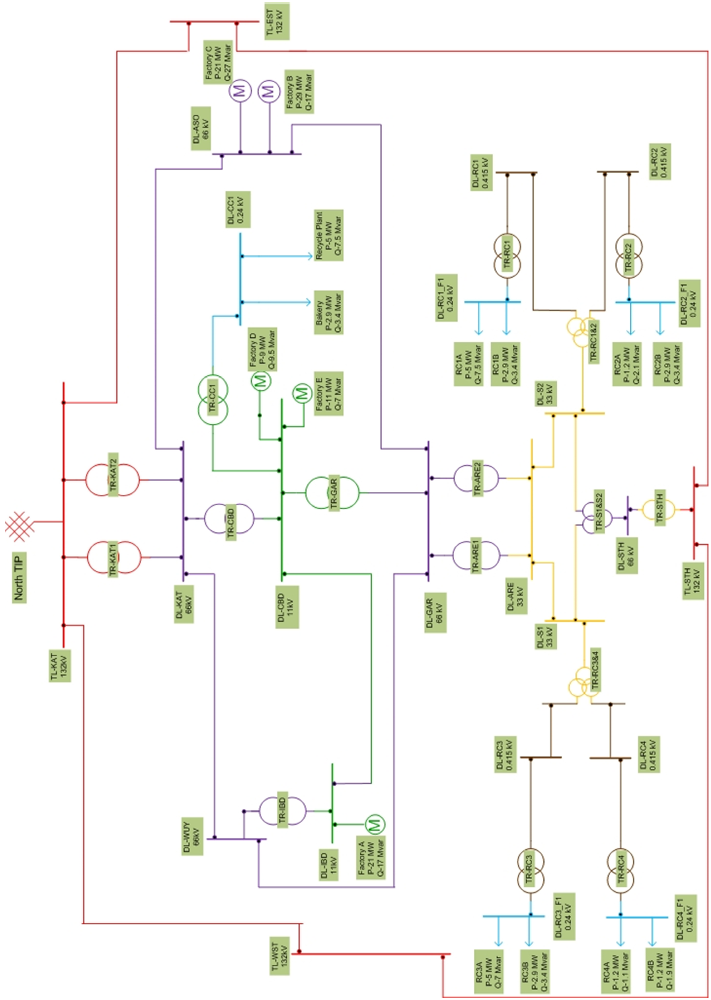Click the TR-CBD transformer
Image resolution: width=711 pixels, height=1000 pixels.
click(229, 519)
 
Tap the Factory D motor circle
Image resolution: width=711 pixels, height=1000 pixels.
click(261, 380)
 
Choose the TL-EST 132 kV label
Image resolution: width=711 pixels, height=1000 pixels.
click(277, 22)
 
